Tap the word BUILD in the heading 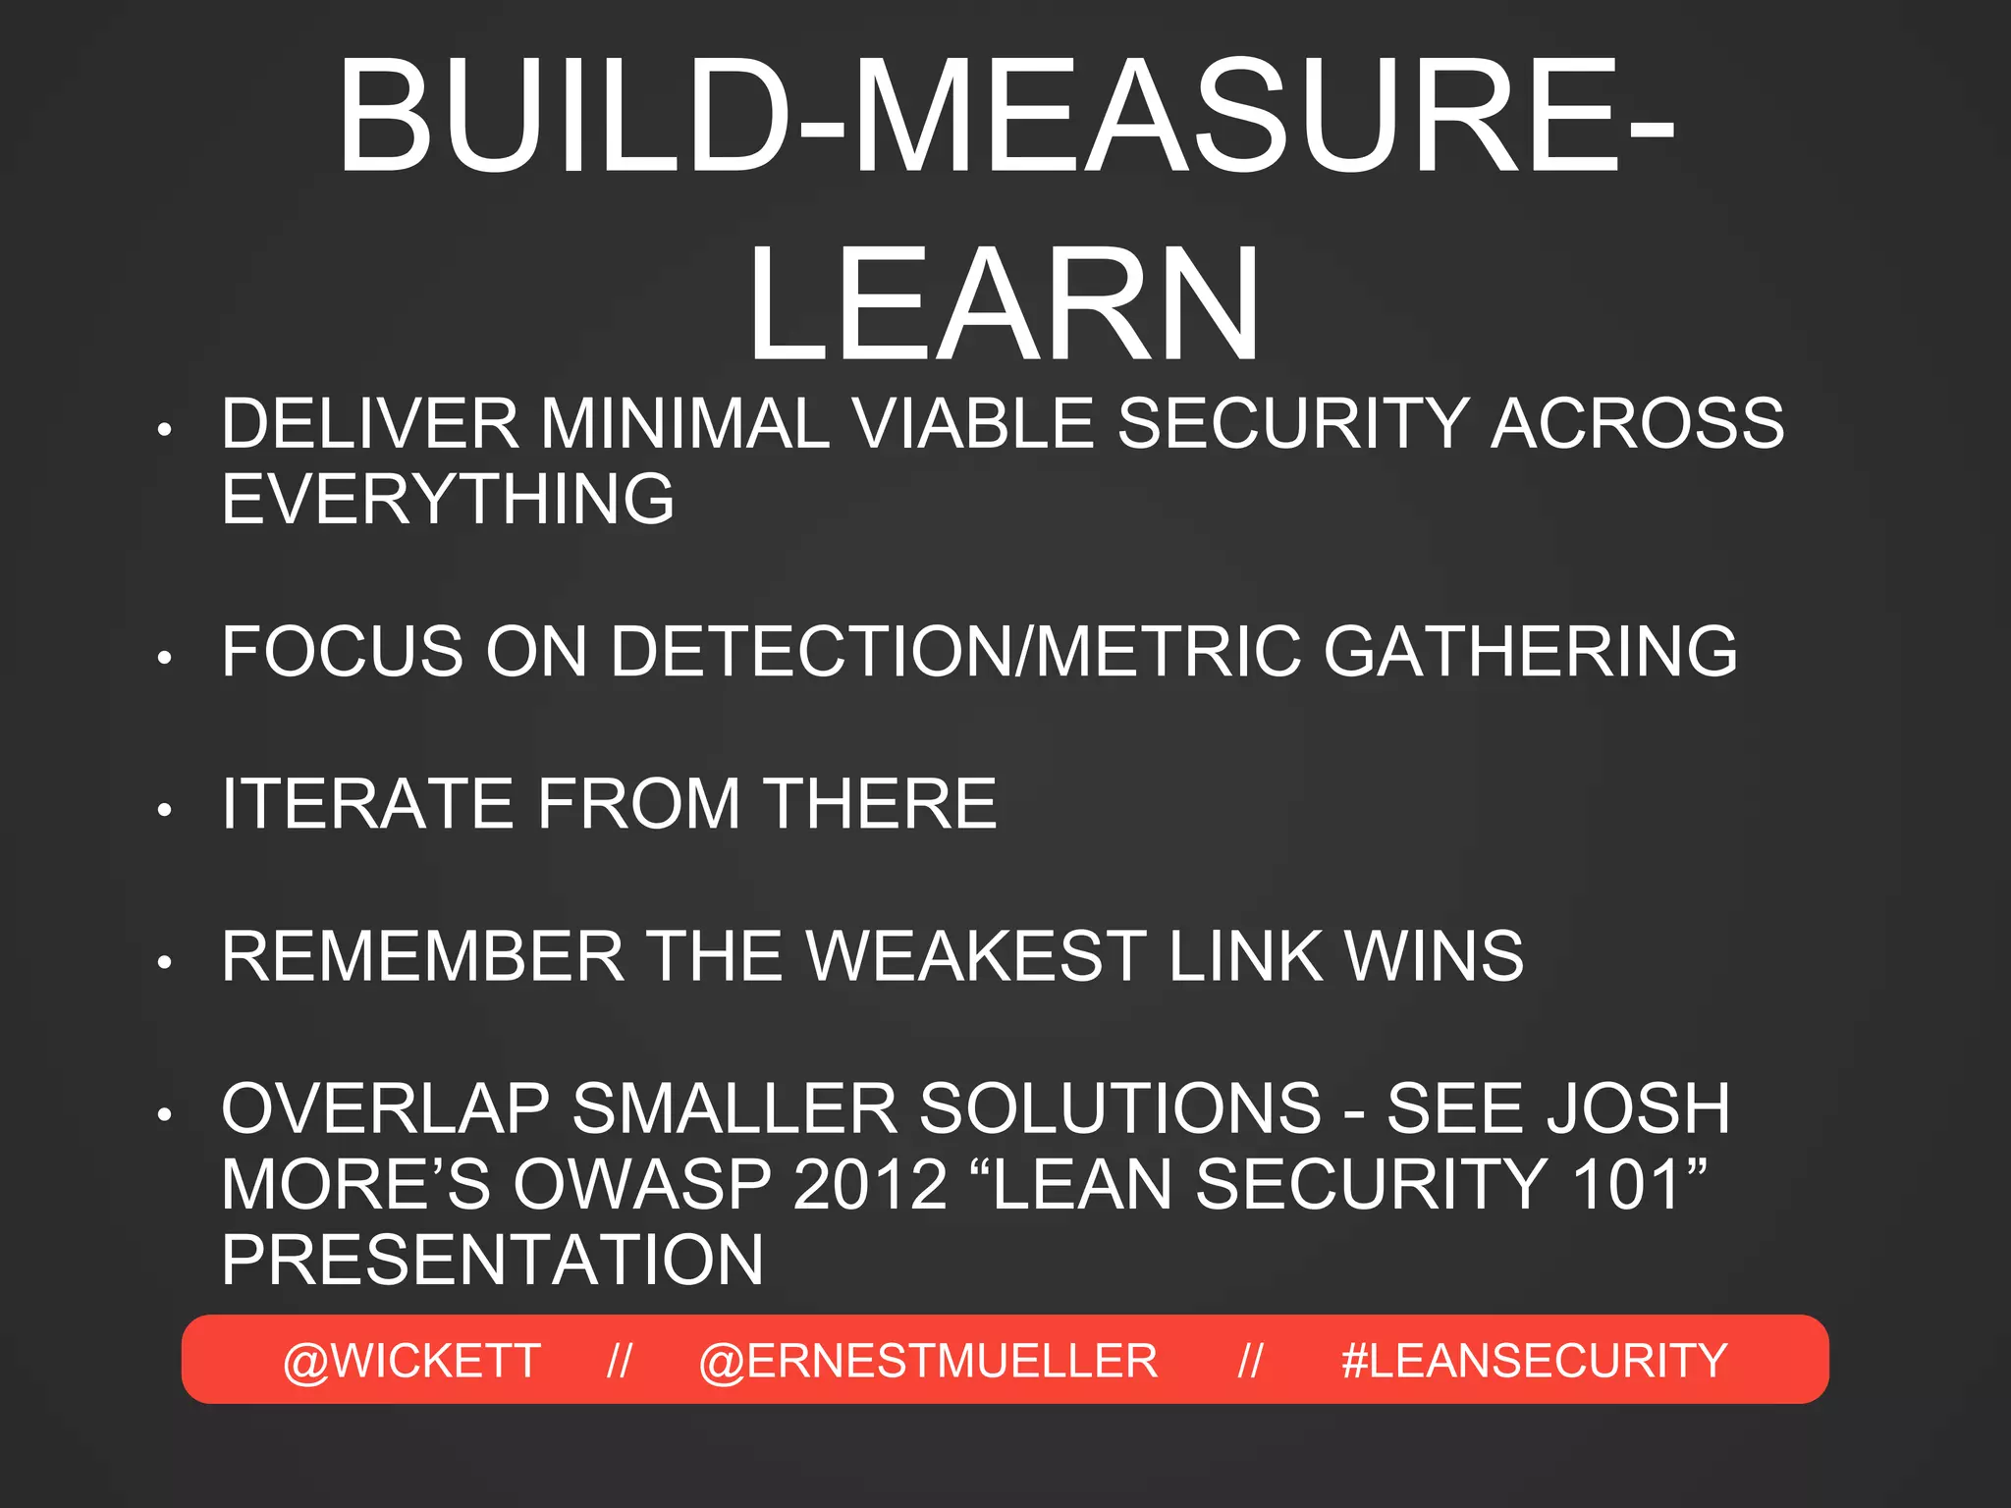tap(565, 118)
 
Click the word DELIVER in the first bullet tap(369, 424)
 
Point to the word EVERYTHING tap(448, 499)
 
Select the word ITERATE tap(366, 804)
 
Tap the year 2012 tap(870, 1184)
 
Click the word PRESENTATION tap(492, 1260)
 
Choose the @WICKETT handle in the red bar tap(411, 1361)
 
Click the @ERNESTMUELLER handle tap(928, 1361)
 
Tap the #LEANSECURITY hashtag tap(1534, 1361)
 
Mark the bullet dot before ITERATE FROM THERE tap(165, 810)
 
